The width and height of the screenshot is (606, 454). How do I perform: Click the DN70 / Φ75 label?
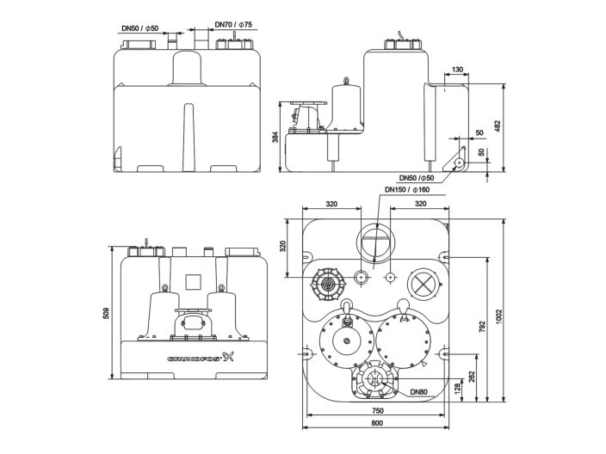(x=233, y=26)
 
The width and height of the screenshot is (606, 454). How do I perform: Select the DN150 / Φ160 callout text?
(x=406, y=190)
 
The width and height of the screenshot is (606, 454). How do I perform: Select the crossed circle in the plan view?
(x=423, y=283)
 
